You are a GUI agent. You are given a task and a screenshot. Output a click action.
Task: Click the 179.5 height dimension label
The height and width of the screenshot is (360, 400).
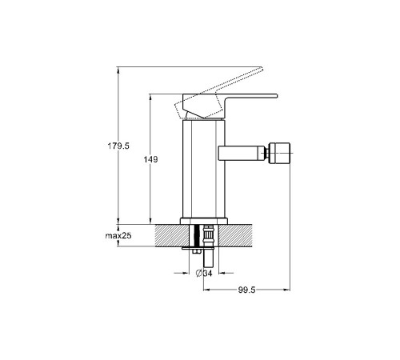tap(118, 146)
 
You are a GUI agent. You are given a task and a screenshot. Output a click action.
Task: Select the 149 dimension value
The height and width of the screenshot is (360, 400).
tap(150, 159)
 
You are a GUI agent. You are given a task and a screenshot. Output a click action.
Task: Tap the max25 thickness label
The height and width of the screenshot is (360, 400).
tap(118, 236)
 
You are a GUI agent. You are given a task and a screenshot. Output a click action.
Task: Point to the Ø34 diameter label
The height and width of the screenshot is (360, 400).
tap(204, 274)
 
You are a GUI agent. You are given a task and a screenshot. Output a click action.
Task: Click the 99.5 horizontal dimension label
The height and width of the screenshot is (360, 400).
tap(246, 290)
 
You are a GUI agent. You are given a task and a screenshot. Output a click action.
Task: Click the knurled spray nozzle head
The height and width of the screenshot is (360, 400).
tap(279, 154)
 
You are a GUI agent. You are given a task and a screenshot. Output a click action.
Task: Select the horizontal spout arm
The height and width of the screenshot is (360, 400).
tap(242, 154)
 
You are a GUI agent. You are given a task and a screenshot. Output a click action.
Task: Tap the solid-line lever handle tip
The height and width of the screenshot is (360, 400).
tap(276, 96)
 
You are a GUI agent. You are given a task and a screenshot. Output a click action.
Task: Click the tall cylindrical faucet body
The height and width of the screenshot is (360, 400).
tap(204, 170)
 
